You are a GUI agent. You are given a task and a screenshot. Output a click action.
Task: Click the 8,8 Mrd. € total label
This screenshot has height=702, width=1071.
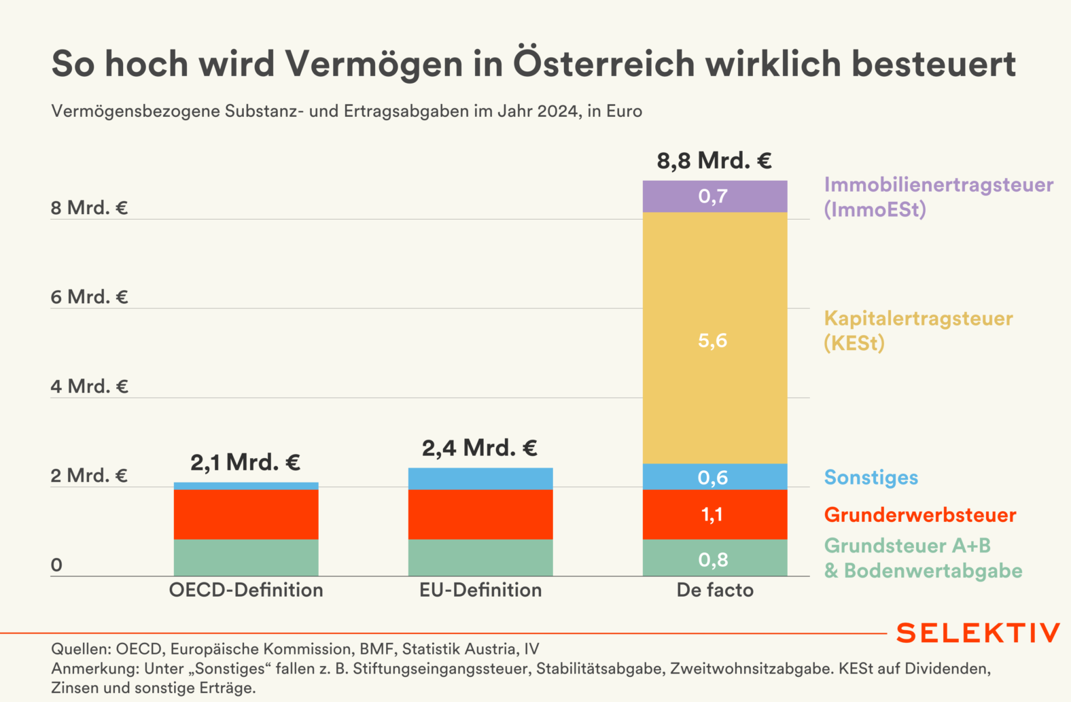point(714,161)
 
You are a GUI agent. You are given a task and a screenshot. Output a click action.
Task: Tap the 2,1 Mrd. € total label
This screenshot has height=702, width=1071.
point(245,463)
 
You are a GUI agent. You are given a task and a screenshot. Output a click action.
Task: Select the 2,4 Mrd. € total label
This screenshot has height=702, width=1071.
point(480,449)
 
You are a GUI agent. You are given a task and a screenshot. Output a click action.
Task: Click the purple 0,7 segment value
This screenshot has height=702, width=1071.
point(714,196)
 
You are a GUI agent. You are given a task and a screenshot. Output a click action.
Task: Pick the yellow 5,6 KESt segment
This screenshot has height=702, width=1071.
point(714,340)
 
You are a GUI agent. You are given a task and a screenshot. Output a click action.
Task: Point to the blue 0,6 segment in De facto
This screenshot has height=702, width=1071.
point(714,478)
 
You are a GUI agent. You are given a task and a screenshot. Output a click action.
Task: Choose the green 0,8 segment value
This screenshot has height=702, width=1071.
point(714,559)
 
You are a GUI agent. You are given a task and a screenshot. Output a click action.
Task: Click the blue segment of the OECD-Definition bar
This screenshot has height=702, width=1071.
point(246,486)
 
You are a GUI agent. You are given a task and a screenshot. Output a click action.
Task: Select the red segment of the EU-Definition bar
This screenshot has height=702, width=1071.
point(480,514)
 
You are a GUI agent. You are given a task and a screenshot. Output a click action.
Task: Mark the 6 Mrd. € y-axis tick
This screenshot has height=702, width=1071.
point(89,297)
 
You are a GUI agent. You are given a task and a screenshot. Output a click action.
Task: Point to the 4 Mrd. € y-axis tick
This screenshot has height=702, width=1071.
point(89,387)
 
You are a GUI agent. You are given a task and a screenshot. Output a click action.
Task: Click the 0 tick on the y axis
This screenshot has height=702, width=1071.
point(56,565)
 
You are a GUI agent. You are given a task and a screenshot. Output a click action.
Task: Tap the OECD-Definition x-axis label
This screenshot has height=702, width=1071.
point(246,590)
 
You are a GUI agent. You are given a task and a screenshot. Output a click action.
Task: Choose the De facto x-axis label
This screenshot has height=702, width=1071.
point(715,590)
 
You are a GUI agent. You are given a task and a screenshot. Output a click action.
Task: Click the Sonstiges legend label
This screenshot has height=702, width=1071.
point(871,478)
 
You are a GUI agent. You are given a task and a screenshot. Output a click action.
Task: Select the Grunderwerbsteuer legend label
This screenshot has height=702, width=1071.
point(920,515)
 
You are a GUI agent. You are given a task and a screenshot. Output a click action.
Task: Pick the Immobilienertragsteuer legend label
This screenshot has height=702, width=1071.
point(938,185)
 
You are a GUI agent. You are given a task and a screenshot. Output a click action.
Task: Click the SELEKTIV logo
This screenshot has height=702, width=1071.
point(978,633)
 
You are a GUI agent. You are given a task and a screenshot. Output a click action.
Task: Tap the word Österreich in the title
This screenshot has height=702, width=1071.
point(604,63)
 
